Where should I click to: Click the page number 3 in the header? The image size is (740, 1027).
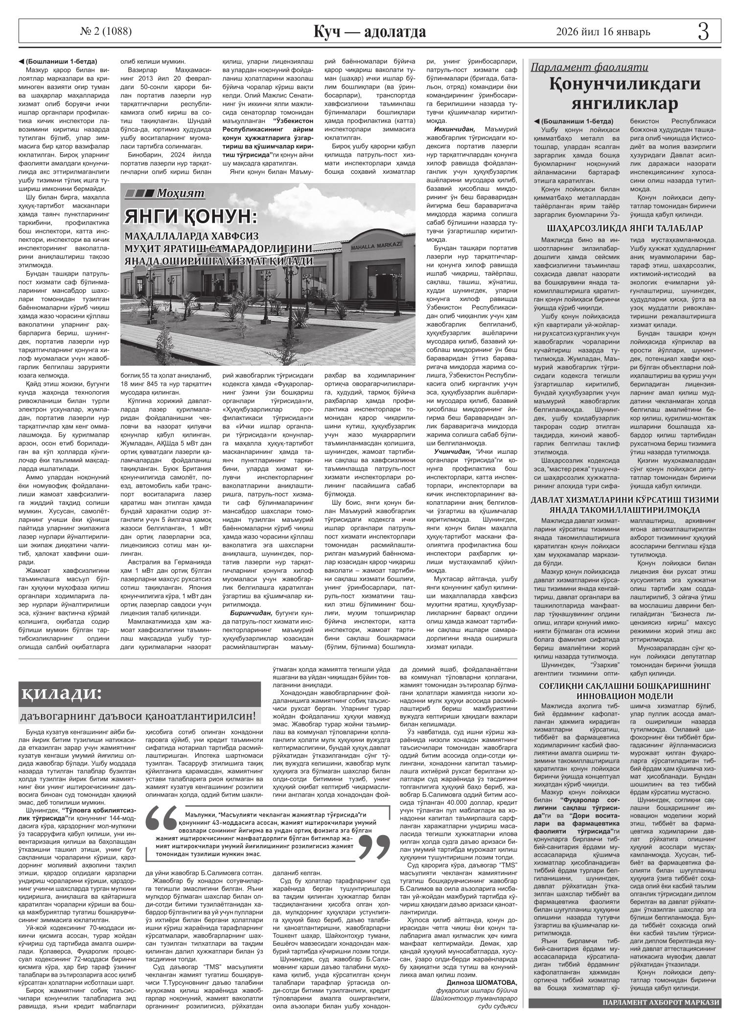[703, 32]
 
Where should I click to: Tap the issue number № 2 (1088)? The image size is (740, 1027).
[106, 32]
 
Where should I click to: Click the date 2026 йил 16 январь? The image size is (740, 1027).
[603, 32]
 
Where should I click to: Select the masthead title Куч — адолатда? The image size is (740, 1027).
[370, 32]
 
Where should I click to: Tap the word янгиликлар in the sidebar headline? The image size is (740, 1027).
[625, 104]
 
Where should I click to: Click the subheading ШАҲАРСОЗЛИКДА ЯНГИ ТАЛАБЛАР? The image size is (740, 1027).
[625, 229]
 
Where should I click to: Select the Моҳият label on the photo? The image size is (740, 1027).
[180, 193]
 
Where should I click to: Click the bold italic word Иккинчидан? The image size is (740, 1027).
[454, 129]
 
